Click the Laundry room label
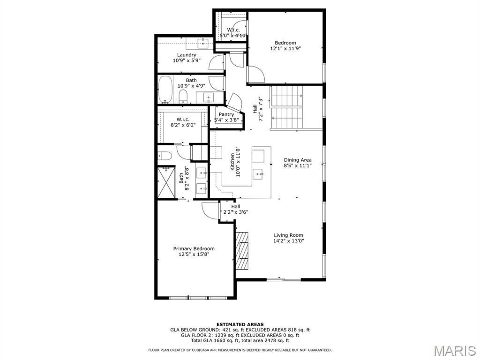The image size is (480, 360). [x=187, y=55]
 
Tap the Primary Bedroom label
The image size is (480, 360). [x=194, y=248]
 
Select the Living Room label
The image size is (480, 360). [x=288, y=235]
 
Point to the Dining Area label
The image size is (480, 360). [x=298, y=160]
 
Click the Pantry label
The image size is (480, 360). [x=226, y=114]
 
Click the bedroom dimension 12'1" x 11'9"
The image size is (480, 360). [x=285, y=48]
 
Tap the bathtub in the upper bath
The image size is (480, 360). [x=165, y=90]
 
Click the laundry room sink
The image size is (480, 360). [x=203, y=44]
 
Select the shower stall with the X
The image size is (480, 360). [x=166, y=182]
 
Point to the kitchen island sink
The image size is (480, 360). [x=258, y=174]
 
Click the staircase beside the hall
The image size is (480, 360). [x=286, y=107]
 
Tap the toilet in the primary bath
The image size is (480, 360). [x=164, y=156]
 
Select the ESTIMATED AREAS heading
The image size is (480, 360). [x=240, y=324]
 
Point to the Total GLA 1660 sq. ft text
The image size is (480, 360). [x=215, y=340]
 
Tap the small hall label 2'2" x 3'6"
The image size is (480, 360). [x=235, y=212]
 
